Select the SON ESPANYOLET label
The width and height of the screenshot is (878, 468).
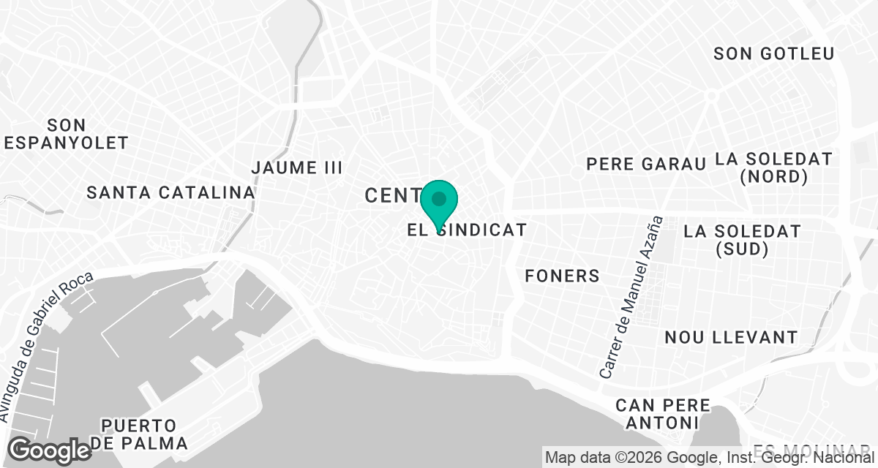(x=66, y=134)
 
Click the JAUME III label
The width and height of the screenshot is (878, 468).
(x=296, y=167)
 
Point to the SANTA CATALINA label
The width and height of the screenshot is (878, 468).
(x=170, y=193)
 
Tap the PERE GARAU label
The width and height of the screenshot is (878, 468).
(x=646, y=164)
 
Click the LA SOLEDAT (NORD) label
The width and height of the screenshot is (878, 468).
(x=773, y=167)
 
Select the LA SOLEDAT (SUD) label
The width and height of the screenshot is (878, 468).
(x=742, y=240)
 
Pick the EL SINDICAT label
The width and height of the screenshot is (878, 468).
(x=468, y=230)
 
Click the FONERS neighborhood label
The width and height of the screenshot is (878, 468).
(x=562, y=276)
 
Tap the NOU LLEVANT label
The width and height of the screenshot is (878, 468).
(x=730, y=337)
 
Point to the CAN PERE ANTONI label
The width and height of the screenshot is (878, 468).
(x=663, y=414)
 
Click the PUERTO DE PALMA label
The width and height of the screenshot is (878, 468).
(x=139, y=434)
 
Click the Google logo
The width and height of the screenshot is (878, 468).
(x=50, y=450)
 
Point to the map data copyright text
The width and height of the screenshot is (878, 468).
(x=710, y=458)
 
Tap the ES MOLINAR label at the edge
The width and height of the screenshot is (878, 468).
(x=812, y=449)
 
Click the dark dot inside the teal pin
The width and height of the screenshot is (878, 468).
(x=439, y=198)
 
